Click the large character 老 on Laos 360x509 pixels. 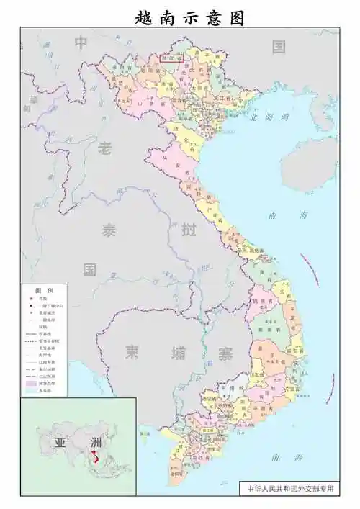coord(106,149)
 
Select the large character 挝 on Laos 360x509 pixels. coord(189,231)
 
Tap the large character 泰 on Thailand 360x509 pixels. coord(108,231)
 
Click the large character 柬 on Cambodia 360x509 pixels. coord(132,351)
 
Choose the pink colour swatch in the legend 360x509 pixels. coord(31,384)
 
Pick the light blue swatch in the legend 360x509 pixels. coord(31,392)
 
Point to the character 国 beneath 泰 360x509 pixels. coord(89,271)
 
